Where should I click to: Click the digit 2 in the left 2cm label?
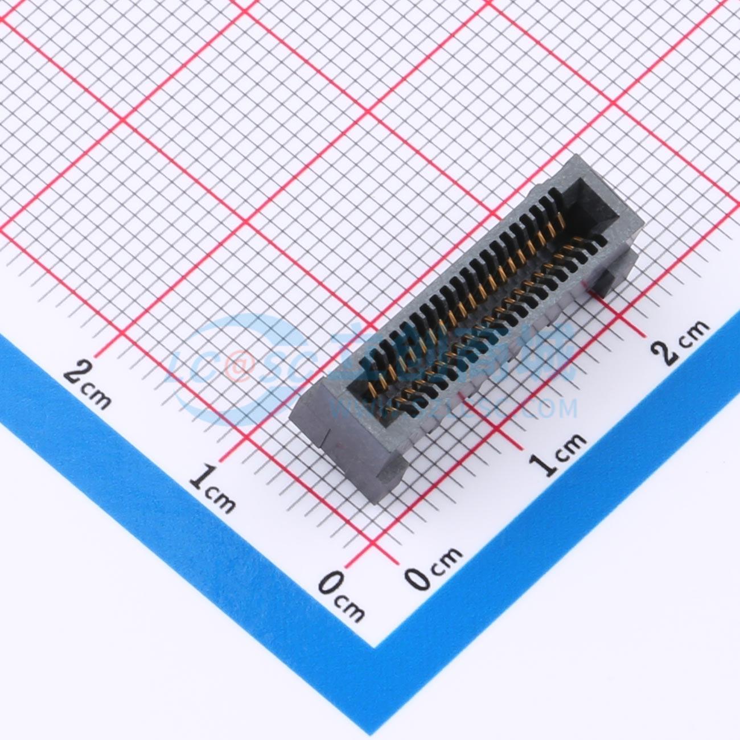pyautogui.click(x=76, y=374)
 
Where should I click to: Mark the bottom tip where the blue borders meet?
pyautogui.click(x=376, y=647)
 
